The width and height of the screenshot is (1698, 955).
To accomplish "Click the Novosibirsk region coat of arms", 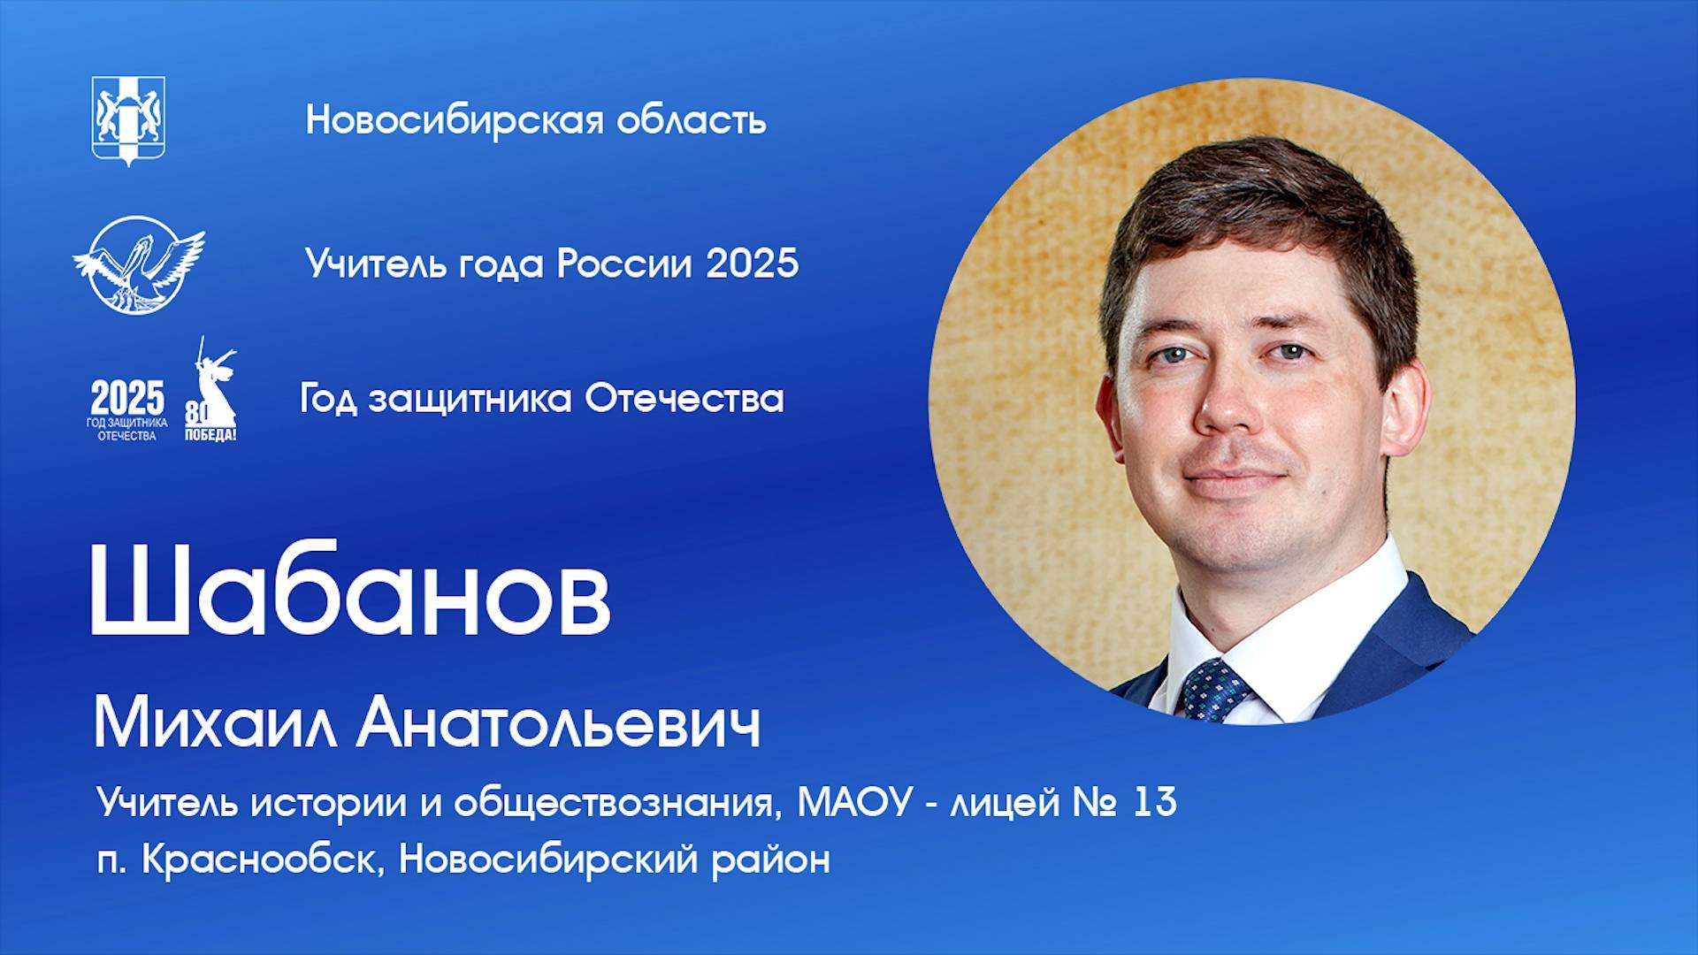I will tap(128, 120).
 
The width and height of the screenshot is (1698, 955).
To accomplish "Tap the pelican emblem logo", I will tap(138, 264).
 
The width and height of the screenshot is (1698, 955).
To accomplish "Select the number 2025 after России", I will tap(752, 264).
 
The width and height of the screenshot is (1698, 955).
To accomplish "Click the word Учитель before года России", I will tap(376, 264).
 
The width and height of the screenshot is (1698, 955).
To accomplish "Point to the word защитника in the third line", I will tap(470, 400).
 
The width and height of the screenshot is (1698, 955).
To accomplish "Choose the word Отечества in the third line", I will tap(685, 399).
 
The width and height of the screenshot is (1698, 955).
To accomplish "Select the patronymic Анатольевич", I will tap(559, 725).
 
